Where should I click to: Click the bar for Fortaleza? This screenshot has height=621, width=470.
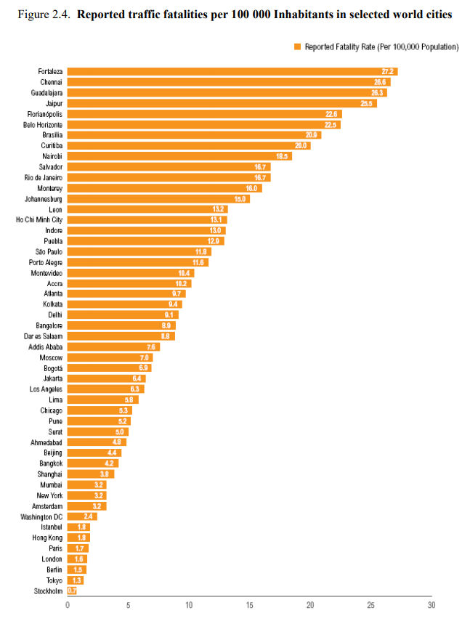coord(232,71)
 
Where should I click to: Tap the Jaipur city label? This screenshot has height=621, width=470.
coord(53,103)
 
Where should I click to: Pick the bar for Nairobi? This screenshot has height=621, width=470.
coord(179,156)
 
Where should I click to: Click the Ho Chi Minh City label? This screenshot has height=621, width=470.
coord(39,219)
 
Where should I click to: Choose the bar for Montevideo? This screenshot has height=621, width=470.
coord(131,272)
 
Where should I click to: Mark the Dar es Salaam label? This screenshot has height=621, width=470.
coord(44,336)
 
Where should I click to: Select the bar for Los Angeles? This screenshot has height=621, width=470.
coord(106,389)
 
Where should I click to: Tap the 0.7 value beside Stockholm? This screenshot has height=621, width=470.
coord(72,590)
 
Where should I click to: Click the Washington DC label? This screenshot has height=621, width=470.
coord(41,516)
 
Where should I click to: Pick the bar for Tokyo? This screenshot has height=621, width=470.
coord(76,580)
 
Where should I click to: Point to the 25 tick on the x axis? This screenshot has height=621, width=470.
coord(370,605)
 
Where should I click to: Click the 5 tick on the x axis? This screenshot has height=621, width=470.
coord(128,605)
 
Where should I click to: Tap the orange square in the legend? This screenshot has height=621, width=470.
coord(297,46)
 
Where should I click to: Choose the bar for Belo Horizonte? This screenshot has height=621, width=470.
coord(203,124)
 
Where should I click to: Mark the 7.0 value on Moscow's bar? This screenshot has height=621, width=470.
coord(145,357)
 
